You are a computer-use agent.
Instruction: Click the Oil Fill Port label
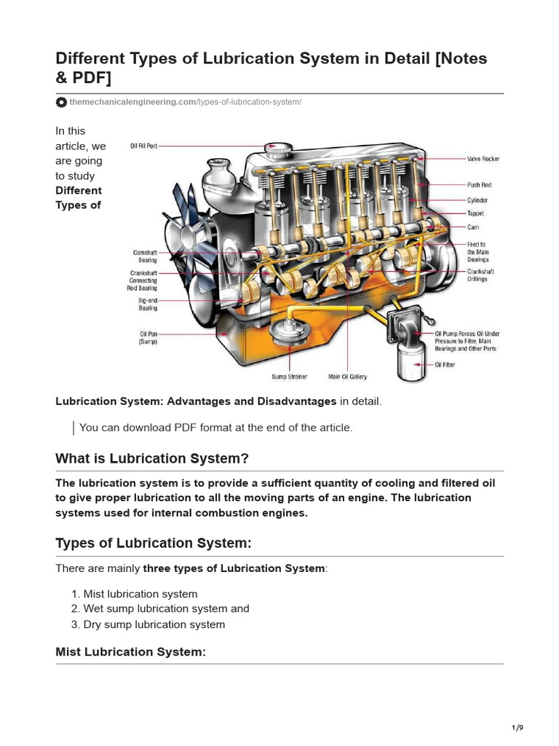point(143,146)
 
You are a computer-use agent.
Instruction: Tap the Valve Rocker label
point(483,159)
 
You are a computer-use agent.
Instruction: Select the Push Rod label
point(479,185)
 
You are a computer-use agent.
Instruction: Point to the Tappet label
point(475,213)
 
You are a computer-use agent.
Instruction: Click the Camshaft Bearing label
point(144,256)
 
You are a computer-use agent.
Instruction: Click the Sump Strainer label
point(289,377)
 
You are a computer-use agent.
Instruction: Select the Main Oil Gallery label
point(348,377)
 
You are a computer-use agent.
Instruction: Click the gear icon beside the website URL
point(62,102)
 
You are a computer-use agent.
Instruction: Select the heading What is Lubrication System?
point(152,459)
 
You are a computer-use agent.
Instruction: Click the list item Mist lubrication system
point(140,594)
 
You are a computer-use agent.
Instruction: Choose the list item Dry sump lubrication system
point(154,624)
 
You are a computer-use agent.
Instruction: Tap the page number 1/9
point(518,728)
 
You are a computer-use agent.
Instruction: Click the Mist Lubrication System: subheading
point(131,652)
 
